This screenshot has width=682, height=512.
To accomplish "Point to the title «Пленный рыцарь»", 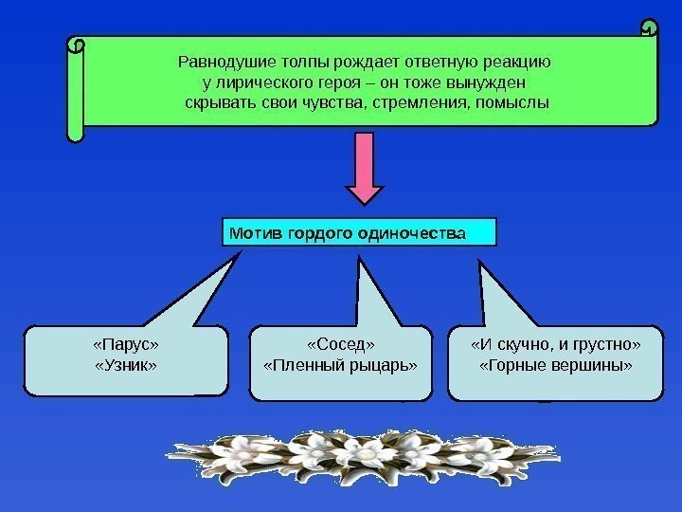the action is (339, 364).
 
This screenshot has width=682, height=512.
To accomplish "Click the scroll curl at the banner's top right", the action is (649, 27).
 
